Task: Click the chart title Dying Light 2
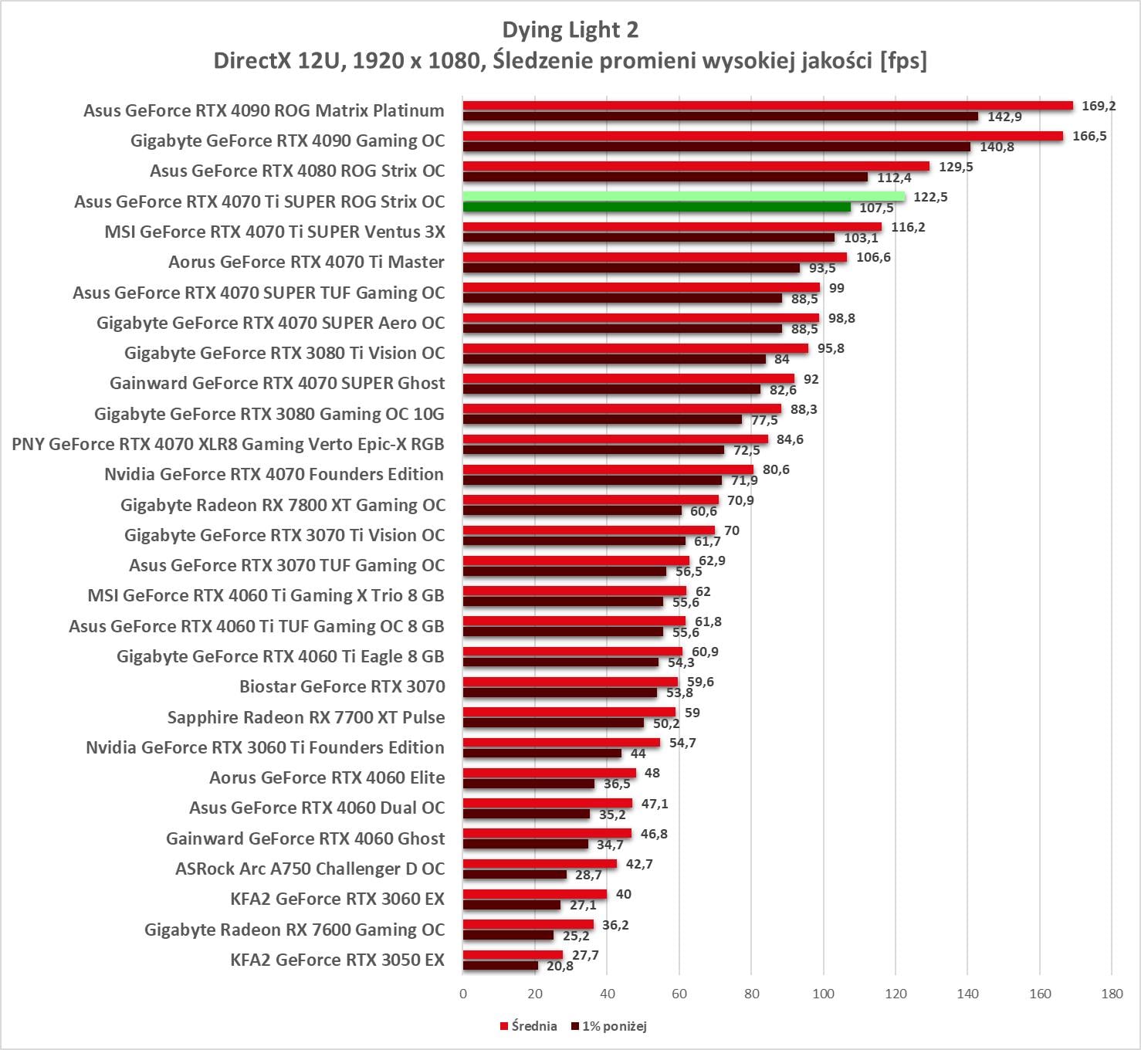[x=570, y=30]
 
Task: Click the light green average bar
[x=683, y=196]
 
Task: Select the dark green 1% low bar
[x=656, y=207]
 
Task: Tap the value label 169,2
[x=1099, y=106]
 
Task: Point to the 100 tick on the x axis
[x=823, y=994]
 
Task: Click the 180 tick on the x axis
[x=1112, y=994]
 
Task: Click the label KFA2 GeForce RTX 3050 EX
[x=337, y=960]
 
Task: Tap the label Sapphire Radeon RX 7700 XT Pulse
[x=306, y=717]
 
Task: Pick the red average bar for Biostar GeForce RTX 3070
[x=570, y=682]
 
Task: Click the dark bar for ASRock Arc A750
[x=514, y=875]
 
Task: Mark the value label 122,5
[x=930, y=197]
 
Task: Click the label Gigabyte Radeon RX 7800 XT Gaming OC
[x=283, y=505]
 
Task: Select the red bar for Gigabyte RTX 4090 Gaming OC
[x=762, y=136]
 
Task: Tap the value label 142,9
[x=1004, y=117]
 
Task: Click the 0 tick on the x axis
[x=463, y=994]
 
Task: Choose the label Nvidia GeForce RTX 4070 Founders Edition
[x=274, y=475]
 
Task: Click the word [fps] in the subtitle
[x=903, y=60]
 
